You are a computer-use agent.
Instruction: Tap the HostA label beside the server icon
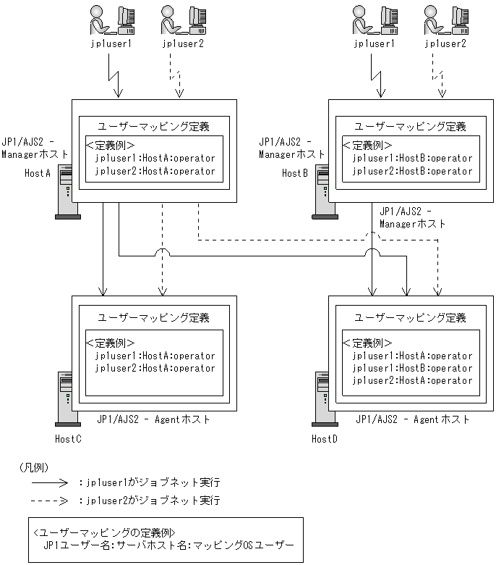(38, 173)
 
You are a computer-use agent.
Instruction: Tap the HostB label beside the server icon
(295, 173)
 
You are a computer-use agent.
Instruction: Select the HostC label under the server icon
(68, 439)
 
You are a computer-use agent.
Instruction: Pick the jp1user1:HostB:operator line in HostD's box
(412, 368)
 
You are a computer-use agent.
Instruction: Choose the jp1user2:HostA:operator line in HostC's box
(155, 368)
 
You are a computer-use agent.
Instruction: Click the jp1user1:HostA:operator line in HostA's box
(155, 158)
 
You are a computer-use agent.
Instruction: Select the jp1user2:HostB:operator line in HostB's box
(412, 171)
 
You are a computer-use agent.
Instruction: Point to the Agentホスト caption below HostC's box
(154, 419)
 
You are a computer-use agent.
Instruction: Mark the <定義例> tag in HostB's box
(367, 145)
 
